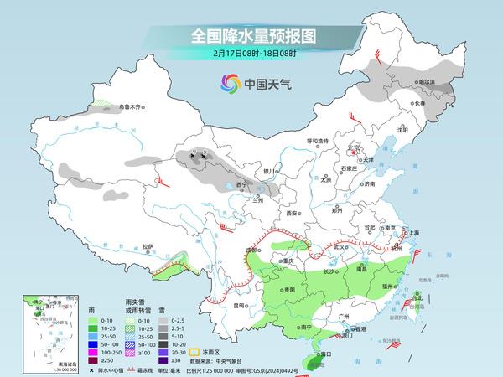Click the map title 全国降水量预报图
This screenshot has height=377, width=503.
[x=251, y=36]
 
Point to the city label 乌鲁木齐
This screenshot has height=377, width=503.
[x=132, y=106]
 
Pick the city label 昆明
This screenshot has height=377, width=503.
[x=241, y=305]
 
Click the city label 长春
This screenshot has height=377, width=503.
[x=417, y=102]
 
